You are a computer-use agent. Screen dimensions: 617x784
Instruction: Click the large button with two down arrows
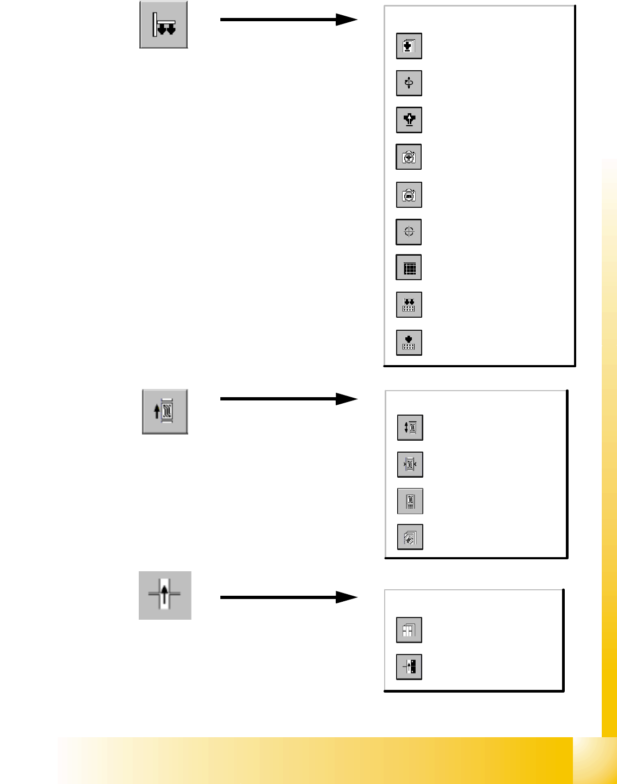click(x=164, y=25)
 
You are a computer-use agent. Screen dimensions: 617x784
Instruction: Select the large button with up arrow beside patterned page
click(x=165, y=412)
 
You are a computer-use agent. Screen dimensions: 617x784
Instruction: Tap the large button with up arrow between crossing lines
click(x=165, y=595)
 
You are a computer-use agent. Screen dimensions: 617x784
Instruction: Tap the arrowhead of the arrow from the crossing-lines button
click(x=347, y=597)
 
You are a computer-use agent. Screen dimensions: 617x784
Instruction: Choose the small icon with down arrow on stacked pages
click(x=409, y=46)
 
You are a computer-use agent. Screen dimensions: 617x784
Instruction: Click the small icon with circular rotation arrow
click(x=409, y=83)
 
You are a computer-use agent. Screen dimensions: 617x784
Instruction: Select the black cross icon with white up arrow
click(x=409, y=120)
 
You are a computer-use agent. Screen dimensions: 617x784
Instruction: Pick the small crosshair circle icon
click(x=409, y=232)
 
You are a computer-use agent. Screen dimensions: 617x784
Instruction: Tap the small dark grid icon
click(x=409, y=268)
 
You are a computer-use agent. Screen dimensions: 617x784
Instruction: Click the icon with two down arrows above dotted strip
click(x=409, y=305)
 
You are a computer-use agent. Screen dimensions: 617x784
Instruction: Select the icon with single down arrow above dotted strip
click(x=409, y=342)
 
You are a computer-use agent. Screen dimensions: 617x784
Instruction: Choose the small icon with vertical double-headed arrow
click(x=410, y=428)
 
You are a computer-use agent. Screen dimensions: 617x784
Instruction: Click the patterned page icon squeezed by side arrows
click(x=410, y=465)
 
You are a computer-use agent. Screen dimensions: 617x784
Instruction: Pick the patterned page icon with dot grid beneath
click(x=410, y=501)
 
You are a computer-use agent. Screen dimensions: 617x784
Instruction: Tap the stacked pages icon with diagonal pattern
click(x=410, y=538)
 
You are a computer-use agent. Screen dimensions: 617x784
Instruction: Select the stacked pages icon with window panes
click(x=409, y=630)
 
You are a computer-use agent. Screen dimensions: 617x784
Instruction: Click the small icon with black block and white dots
click(x=409, y=666)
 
